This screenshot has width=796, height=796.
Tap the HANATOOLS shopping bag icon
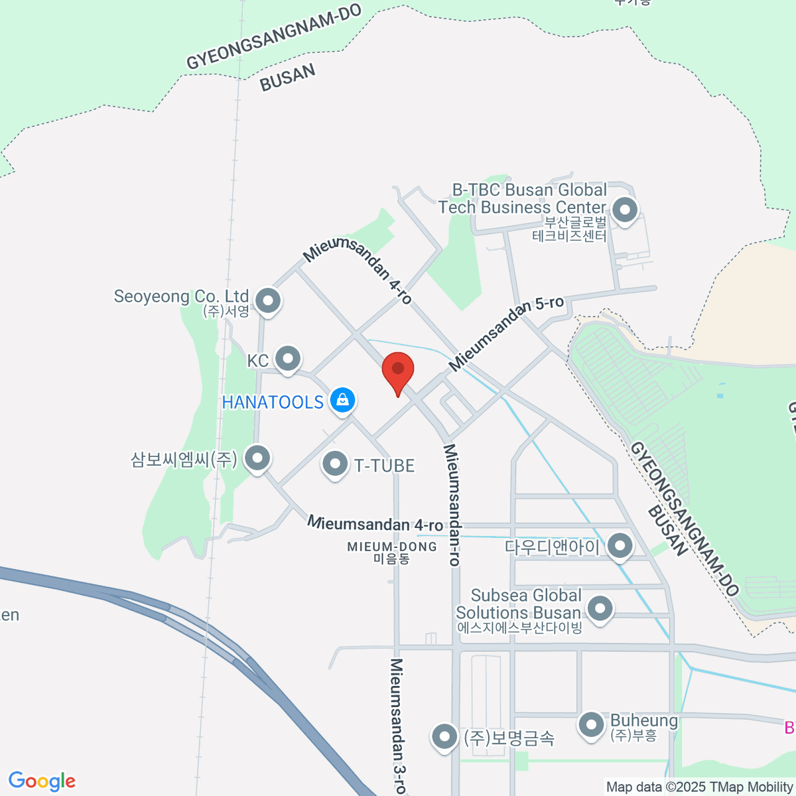point(342,400)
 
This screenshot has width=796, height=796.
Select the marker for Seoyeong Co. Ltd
point(268,300)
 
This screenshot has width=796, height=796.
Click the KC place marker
point(288,359)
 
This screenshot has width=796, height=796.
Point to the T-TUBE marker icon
point(335,464)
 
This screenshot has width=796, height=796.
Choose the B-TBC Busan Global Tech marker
point(624,210)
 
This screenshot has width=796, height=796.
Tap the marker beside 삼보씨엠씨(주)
point(257,457)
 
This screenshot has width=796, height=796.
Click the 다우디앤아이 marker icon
point(620,546)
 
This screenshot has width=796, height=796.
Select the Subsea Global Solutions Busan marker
point(600,608)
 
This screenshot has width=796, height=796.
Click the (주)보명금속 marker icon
point(444,736)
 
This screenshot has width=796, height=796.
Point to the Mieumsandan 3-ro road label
point(398,726)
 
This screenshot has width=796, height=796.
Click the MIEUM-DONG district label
point(392,547)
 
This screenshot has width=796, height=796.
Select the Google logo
point(42,781)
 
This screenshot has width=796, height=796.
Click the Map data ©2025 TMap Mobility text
point(700,787)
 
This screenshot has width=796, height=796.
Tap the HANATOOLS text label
point(273,402)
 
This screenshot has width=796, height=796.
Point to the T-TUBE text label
point(384,466)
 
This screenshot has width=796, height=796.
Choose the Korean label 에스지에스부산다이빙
point(519,628)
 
